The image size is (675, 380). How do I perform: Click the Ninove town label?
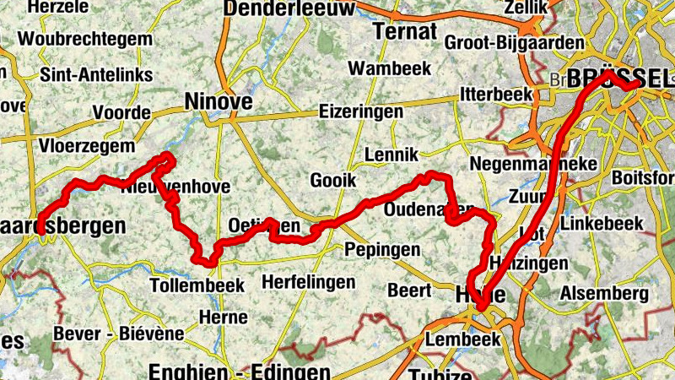[218, 102]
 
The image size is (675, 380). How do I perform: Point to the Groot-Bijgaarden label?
[513, 42]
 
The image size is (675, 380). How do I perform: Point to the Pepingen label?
[382, 250]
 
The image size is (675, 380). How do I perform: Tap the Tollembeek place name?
[197, 285]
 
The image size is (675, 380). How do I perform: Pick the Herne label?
[224, 318]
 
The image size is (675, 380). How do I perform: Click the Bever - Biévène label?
[118, 334]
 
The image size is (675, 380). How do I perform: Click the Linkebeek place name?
[602, 225]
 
